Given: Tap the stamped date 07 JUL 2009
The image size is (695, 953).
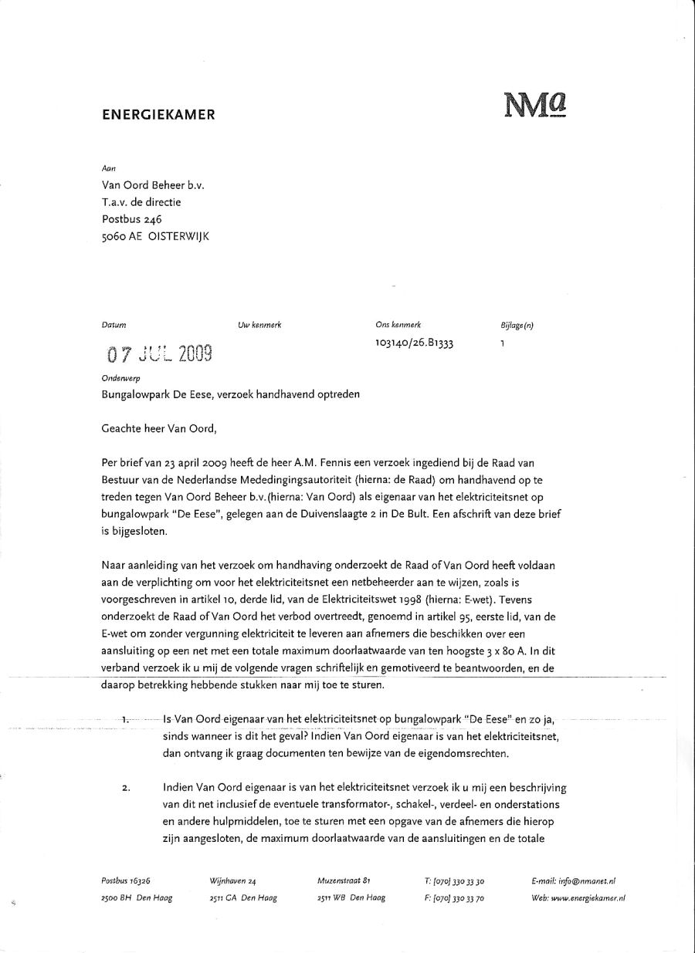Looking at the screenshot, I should [x=159, y=354].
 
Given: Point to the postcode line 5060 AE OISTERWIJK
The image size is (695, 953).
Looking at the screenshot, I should [x=155, y=237].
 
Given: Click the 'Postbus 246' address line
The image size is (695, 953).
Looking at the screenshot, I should [x=132, y=220].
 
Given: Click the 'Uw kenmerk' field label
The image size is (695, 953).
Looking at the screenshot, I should [x=259, y=326].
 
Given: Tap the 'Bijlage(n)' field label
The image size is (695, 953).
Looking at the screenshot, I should [x=517, y=326].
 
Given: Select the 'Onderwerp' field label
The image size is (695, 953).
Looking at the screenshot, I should [x=120, y=379].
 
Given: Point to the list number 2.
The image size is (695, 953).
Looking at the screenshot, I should [x=126, y=788].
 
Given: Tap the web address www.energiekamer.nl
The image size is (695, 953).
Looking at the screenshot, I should [x=588, y=898].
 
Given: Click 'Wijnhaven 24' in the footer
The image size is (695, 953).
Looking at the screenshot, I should [x=232, y=880].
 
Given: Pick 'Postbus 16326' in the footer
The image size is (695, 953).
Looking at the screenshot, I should [x=125, y=880].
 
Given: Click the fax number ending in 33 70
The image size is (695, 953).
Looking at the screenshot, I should [x=454, y=898].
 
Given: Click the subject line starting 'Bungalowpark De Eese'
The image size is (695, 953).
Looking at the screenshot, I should [x=231, y=394].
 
